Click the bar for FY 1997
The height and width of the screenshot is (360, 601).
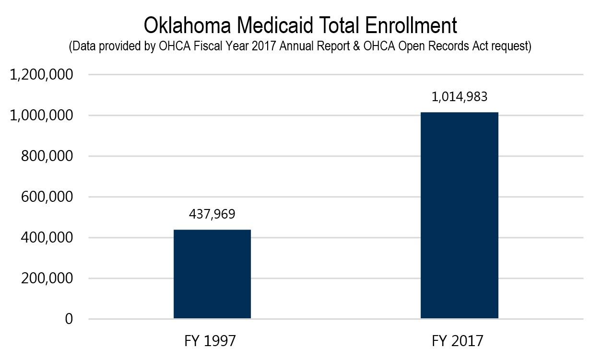[x=212, y=274]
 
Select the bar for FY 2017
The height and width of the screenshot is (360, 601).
[x=459, y=215]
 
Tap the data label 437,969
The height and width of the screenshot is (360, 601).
[x=212, y=214]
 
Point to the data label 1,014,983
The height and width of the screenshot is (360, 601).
[x=459, y=97]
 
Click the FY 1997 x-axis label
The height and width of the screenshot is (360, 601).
[x=210, y=341]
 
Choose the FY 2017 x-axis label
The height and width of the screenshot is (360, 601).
[x=458, y=341]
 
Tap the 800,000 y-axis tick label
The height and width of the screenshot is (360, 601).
[x=47, y=157]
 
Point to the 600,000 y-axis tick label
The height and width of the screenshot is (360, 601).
[x=47, y=197]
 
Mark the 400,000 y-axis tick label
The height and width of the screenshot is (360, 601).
[x=47, y=238]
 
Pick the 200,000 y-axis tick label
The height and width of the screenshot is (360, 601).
[x=47, y=279]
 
